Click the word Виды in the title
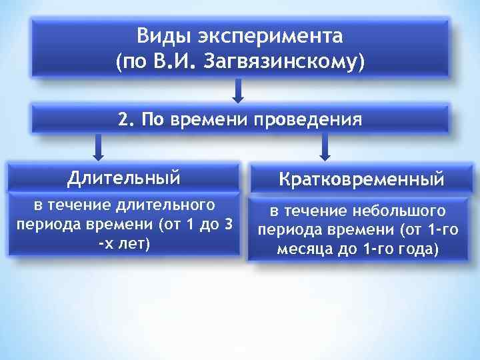[162, 35]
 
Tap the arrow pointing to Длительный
[99, 146]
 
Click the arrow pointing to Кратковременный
[325, 146]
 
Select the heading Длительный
[124, 178]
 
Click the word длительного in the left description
[165, 204]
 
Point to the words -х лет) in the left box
[124, 244]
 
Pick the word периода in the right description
[286, 231]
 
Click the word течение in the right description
[321, 212]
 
